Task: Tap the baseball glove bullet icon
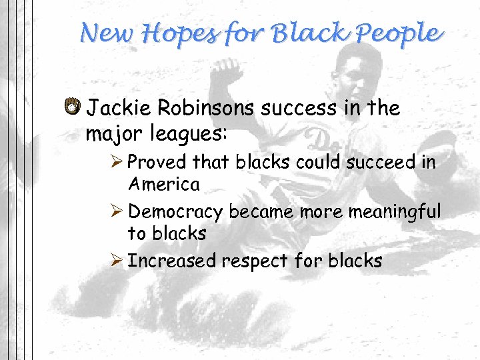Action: [x=73, y=106]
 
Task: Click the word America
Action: [x=163, y=184]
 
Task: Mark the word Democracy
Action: [x=175, y=213]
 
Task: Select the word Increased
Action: [x=171, y=261]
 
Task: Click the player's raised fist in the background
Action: [x=229, y=70]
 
